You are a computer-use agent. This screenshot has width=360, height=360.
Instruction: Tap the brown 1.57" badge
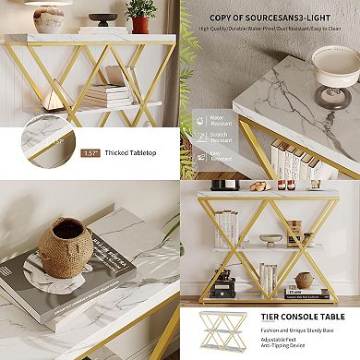pyautogui.click(x=90, y=153)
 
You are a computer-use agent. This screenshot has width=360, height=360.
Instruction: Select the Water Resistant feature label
pyautogui.click(x=219, y=118)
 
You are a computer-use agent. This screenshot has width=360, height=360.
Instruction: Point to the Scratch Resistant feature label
pyautogui.click(x=219, y=137)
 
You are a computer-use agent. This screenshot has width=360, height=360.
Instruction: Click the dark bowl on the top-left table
pyautogui.click(x=103, y=19)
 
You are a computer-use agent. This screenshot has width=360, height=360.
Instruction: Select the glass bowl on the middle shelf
pyautogui.click(x=270, y=237)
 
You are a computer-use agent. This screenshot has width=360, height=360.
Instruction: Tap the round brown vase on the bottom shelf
pyautogui.click(x=304, y=280)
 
